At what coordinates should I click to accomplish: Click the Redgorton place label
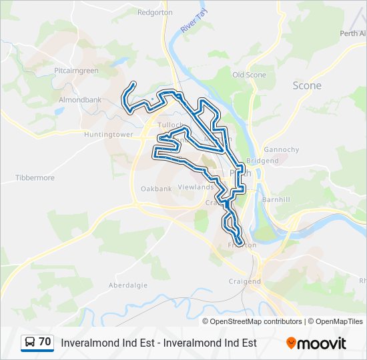[155, 12]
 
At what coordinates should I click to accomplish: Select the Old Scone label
[249, 75]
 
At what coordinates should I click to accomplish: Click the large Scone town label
[307, 85]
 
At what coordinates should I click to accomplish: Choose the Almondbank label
[80, 99]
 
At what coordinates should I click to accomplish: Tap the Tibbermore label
[35, 178]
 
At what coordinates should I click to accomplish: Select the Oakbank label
[156, 189]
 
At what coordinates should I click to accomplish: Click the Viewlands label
[196, 187]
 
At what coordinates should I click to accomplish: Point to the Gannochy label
[282, 149]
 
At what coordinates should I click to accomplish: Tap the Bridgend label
[262, 161]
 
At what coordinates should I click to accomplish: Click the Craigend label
[245, 281]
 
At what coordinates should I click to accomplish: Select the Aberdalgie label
[127, 285]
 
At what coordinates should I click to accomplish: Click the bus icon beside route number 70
[29, 343]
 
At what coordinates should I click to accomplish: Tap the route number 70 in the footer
[45, 342]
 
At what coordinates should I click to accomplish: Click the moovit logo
[316, 343]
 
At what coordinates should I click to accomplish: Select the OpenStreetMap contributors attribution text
[256, 321]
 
